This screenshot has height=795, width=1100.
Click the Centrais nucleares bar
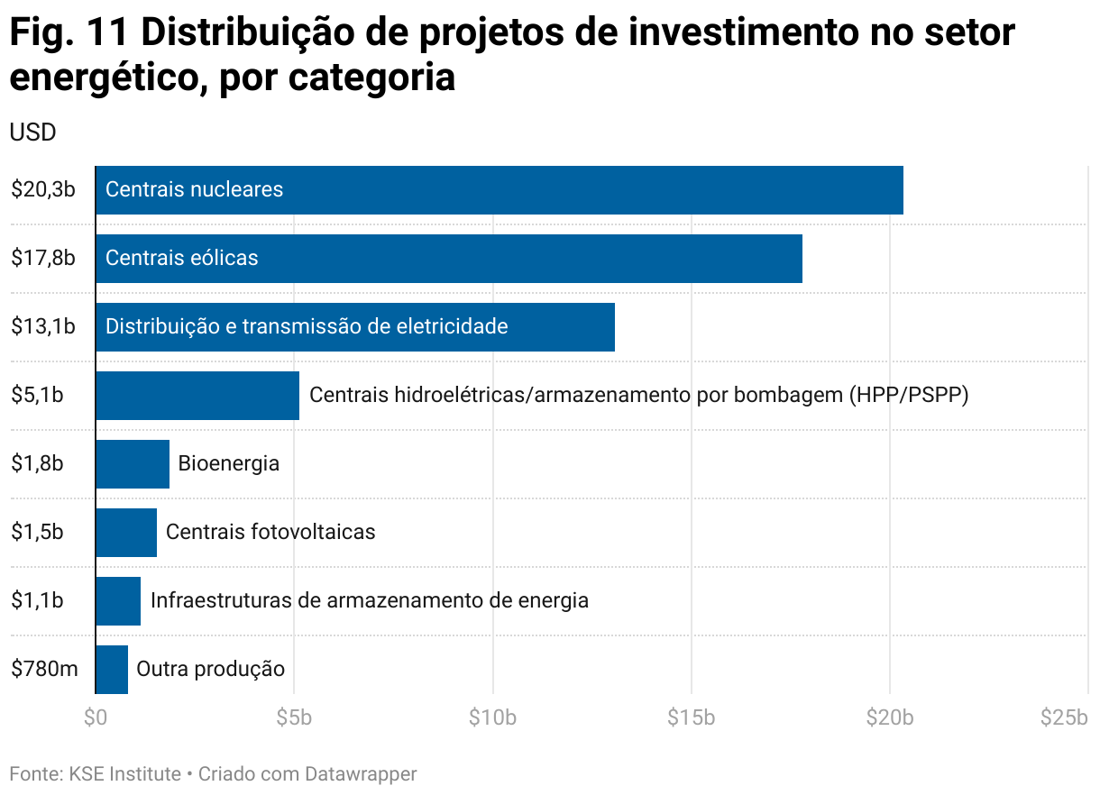click(x=499, y=190)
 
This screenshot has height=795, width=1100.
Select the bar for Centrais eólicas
click(x=448, y=259)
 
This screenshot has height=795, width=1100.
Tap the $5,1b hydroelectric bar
click(x=197, y=396)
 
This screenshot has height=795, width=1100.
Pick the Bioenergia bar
click(x=132, y=464)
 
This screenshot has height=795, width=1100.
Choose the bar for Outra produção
click(x=111, y=670)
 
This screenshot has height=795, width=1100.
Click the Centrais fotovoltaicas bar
click(x=125, y=533)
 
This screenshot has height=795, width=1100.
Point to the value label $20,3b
click(x=42, y=190)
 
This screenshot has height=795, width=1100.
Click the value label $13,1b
click(x=42, y=327)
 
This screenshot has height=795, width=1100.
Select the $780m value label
click(x=44, y=670)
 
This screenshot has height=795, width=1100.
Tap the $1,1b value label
click(x=37, y=600)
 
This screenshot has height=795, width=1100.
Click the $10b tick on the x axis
click(x=493, y=718)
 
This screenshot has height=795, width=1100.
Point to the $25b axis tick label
click(x=1064, y=718)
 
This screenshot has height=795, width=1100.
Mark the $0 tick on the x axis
click(x=95, y=718)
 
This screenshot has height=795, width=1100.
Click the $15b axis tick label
click(x=692, y=718)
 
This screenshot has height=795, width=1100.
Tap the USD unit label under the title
click(x=32, y=132)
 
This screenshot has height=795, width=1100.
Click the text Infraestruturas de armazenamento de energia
click(x=369, y=600)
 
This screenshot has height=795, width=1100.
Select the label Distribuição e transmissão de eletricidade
click(x=307, y=327)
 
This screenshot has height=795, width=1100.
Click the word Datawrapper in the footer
click(x=361, y=774)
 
